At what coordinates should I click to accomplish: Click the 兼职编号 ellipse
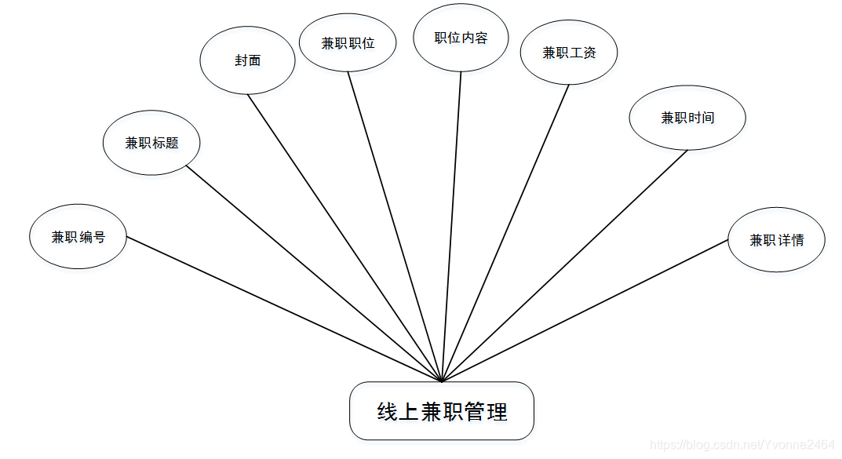78,237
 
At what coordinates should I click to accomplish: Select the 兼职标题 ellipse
151,143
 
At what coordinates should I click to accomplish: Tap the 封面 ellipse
247,60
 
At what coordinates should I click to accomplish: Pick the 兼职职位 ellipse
348,43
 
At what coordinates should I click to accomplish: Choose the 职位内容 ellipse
461,38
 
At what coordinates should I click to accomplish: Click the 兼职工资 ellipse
569,53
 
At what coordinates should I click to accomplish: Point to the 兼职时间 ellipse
687,118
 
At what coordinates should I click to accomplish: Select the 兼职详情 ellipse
776,240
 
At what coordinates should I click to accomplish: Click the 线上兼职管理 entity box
442,411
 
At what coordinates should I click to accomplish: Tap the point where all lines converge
443,381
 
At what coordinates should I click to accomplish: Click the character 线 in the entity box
387,412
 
